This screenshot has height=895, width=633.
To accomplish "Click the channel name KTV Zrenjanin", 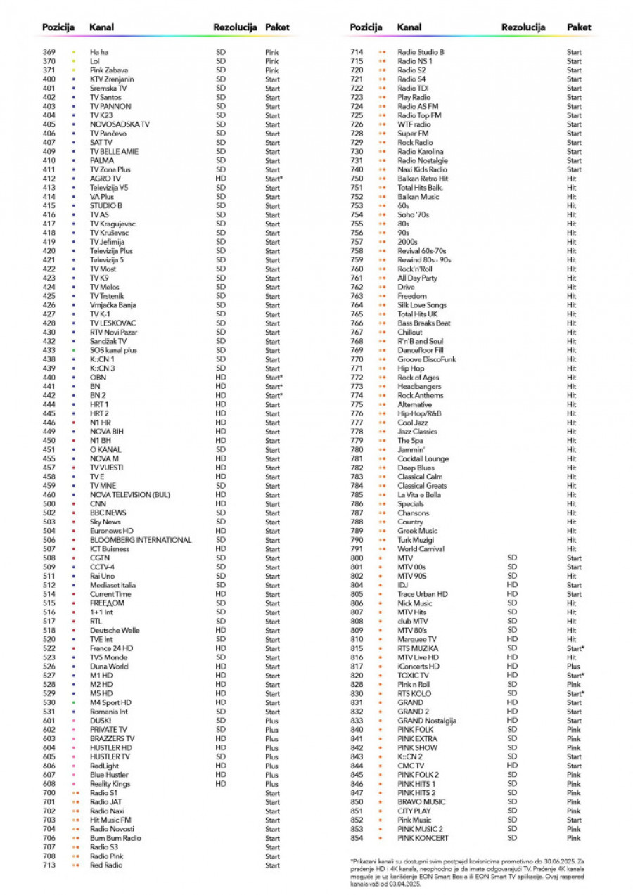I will click(107, 79).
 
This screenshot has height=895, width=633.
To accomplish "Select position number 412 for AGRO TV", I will click(49, 179).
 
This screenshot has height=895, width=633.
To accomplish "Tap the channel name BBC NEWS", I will click(108, 513).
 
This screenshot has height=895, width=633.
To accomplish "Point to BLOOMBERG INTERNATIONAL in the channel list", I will click(141, 540).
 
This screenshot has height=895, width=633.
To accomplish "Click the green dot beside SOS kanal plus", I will click(73, 350).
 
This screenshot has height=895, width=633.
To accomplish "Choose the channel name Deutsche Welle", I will click(115, 631).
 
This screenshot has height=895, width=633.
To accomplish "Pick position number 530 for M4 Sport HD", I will click(49, 702).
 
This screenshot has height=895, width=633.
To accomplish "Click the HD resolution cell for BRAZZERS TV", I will click(221, 739).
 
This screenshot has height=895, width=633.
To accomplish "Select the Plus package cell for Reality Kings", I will click(271, 784).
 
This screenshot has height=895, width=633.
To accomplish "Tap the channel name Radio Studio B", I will click(421, 52).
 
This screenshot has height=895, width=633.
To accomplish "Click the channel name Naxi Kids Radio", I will click(422, 169).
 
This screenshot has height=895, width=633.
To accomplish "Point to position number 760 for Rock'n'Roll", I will click(357, 269).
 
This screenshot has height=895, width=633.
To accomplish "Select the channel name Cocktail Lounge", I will click(423, 459).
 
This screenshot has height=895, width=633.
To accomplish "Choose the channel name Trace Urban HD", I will click(422, 594).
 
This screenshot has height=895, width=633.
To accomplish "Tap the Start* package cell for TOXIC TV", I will click(575, 676).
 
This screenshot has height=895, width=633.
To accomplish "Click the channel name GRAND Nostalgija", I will click(427, 721).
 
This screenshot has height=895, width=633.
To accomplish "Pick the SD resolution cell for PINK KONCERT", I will click(511, 838).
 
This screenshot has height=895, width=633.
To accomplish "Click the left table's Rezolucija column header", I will click(236, 27).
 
